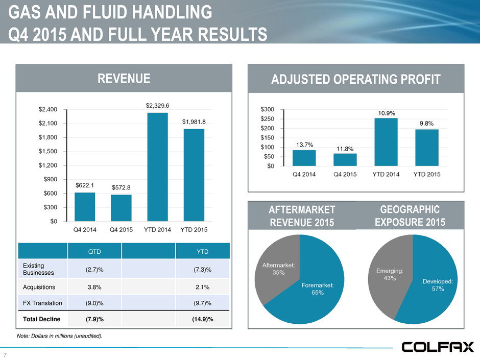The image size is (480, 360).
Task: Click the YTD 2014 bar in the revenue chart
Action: coord(157,167)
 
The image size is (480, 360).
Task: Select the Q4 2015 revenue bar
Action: coord(121,208)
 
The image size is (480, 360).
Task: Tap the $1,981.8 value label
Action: coord(194,122)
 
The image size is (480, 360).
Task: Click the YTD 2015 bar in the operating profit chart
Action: coord(427,148)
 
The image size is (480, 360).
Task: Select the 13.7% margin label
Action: coord(304,145)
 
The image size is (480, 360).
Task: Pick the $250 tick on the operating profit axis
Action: coord(268,118)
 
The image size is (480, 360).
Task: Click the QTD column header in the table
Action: coord(96,251)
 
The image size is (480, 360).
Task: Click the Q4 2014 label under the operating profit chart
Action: coord(304,174)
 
